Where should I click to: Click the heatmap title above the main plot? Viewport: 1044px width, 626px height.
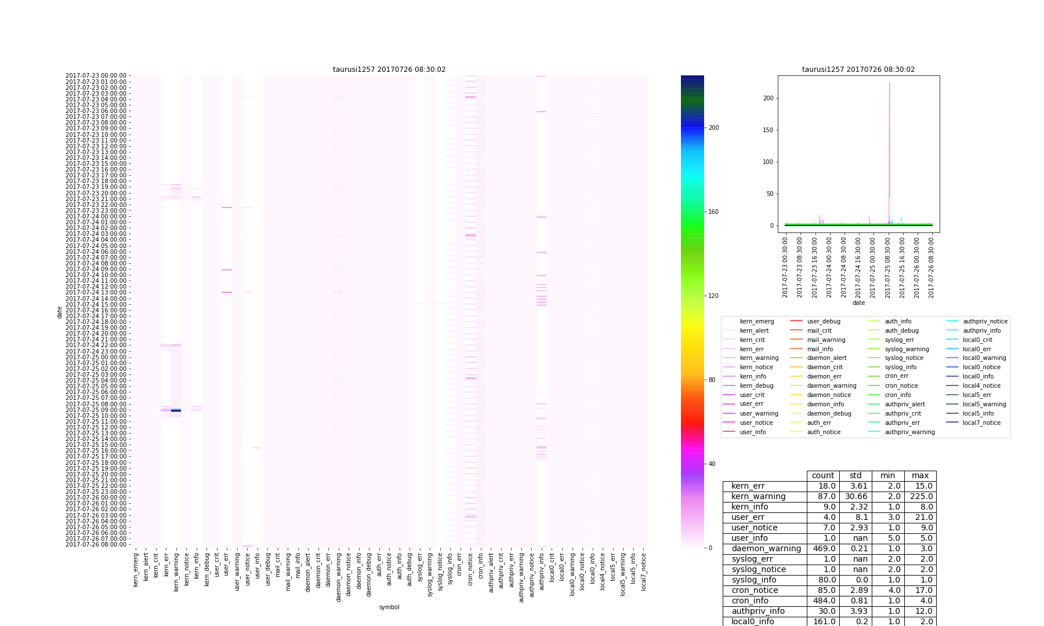click(389, 70)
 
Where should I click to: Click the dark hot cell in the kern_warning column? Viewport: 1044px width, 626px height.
click(176, 410)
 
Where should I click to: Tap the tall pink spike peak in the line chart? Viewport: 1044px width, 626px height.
click(890, 83)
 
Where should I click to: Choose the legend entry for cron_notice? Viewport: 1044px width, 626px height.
click(901, 385)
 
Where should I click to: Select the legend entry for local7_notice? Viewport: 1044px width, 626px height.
click(981, 423)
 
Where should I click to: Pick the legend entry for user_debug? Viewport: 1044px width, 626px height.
click(823, 321)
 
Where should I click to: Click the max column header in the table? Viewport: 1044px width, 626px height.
click(920, 475)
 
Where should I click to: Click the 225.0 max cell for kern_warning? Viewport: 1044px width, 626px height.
click(920, 496)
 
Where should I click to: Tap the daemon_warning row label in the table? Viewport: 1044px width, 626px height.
click(766, 548)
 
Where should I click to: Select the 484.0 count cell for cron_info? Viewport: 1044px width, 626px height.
click(823, 600)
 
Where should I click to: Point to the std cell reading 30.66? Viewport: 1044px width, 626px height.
click(855, 496)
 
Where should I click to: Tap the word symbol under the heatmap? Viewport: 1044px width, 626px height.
click(389, 607)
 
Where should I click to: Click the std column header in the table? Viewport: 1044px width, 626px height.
click(855, 475)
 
